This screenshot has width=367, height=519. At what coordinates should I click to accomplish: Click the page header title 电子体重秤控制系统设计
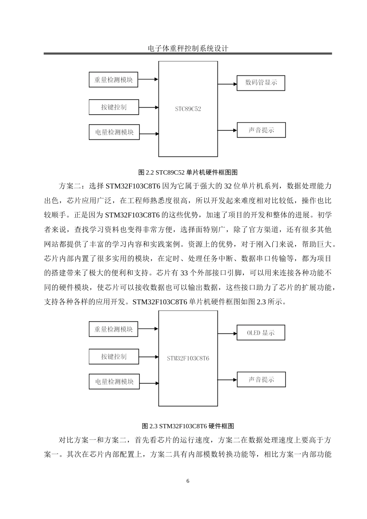[188, 49]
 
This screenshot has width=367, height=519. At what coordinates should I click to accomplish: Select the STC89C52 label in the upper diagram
[188, 109]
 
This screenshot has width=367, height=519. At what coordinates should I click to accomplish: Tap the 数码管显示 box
[261, 83]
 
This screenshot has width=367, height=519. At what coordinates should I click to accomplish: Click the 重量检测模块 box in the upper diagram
[113, 80]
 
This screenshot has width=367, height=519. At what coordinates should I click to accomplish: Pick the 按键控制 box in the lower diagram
[114, 356]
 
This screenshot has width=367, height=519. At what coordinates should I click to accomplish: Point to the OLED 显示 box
[261, 332]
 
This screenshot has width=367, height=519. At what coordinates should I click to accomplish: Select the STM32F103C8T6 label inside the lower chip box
[188, 358]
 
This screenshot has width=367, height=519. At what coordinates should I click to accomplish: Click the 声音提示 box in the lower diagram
[261, 380]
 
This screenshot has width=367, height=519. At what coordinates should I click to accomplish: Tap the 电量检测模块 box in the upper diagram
[114, 132]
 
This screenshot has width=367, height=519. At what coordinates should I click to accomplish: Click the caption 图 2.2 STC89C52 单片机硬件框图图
[188, 172]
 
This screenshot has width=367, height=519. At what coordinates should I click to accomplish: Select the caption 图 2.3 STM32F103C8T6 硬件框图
[188, 426]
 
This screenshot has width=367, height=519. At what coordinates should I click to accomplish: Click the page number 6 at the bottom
[188, 481]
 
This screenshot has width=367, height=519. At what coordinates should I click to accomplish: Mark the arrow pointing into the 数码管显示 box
[228, 83]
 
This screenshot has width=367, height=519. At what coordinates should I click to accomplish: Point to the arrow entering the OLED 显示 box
[228, 333]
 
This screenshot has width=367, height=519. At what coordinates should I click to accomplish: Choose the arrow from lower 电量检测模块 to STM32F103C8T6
[149, 383]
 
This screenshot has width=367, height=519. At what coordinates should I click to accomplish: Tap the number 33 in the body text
[185, 273]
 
